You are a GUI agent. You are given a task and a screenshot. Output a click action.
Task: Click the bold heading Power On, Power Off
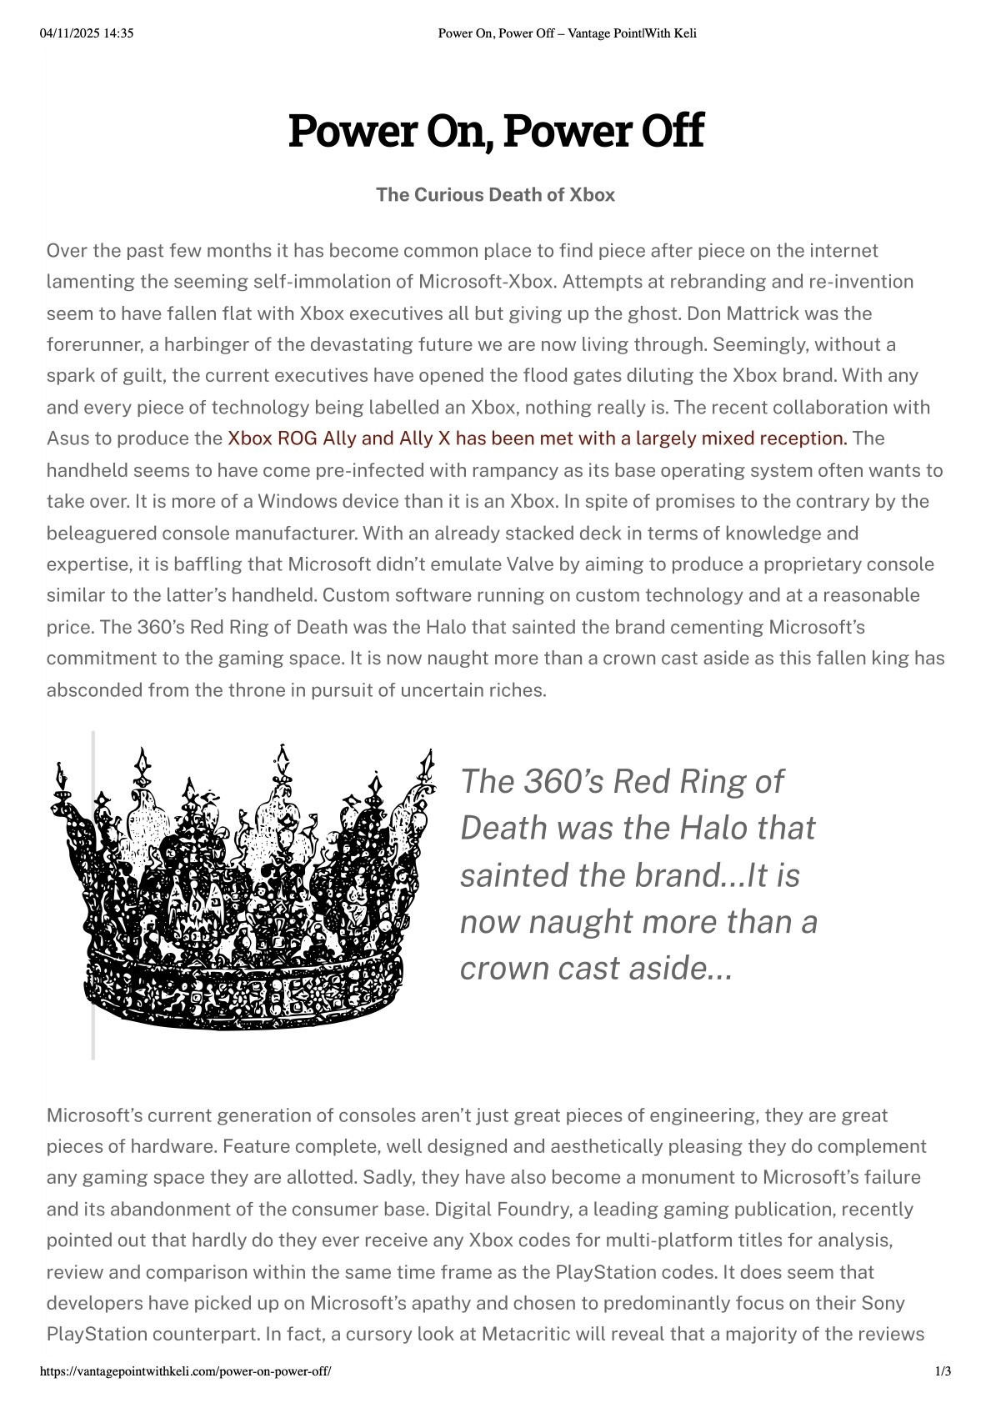[x=495, y=131]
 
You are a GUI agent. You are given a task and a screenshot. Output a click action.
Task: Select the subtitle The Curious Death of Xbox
[x=495, y=195]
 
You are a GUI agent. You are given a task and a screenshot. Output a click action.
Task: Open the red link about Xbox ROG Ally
[x=537, y=438]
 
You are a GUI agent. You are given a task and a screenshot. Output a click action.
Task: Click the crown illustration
[x=242, y=888]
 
